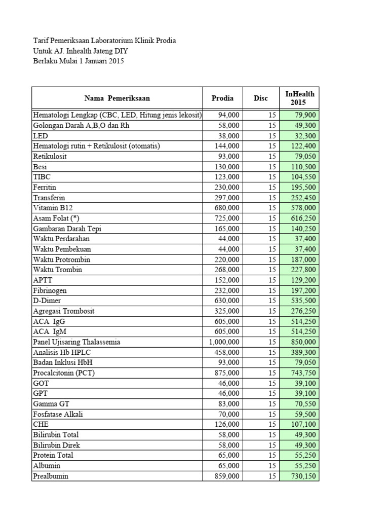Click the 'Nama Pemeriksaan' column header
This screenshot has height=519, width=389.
(x=117, y=98)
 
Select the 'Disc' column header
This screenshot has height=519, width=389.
(x=260, y=98)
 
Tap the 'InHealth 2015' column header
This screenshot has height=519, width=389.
(x=299, y=98)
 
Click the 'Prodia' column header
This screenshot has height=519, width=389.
(x=222, y=98)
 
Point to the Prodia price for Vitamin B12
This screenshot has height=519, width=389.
(x=228, y=208)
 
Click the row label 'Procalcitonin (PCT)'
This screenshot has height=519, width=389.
(x=64, y=373)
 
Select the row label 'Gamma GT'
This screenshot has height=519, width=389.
(x=51, y=404)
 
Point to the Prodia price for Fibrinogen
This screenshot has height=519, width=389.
(x=228, y=290)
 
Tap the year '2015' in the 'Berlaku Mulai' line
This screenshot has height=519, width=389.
(x=115, y=61)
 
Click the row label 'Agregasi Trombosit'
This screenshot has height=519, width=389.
(x=64, y=311)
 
